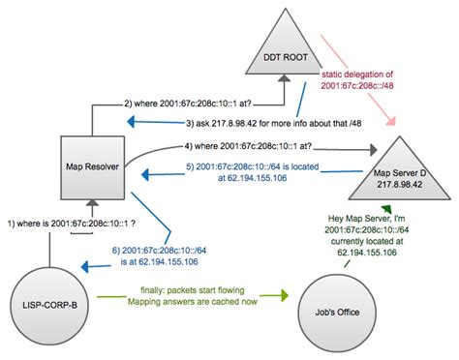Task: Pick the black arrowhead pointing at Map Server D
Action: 374,151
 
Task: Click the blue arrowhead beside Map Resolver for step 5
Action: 145,174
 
